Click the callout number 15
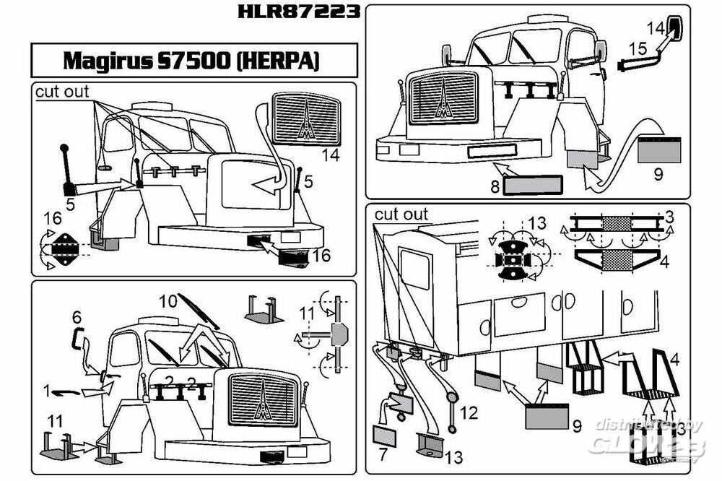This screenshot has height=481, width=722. (638, 48)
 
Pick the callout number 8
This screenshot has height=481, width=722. (495, 186)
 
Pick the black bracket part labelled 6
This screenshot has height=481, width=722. (79, 339)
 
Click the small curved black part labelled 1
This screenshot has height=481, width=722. (66, 393)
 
